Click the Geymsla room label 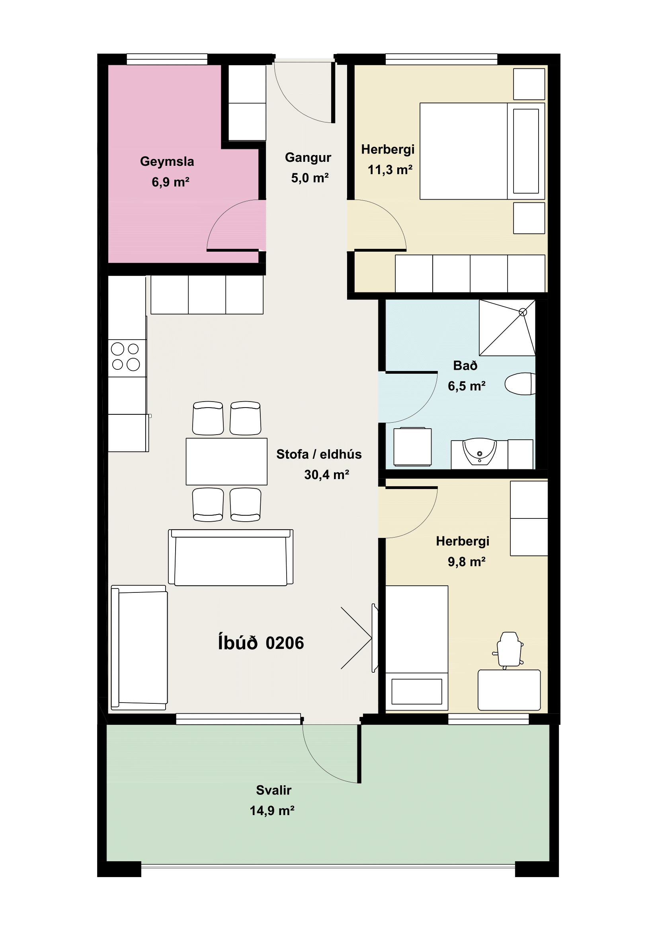pyautogui.click(x=167, y=162)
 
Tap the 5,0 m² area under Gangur pyautogui.click(x=310, y=178)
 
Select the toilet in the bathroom pyautogui.click(x=520, y=384)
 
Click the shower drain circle pyautogui.click(x=523, y=312)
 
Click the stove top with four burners pyautogui.click(x=127, y=358)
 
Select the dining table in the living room pyautogui.click(x=226, y=461)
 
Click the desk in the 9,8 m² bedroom pyautogui.click(x=509, y=690)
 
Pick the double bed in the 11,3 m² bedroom pyautogui.click(x=482, y=151)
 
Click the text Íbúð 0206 pyautogui.click(x=261, y=643)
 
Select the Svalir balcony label pyautogui.click(x=273, y=790)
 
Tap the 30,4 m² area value pyautogui.click(x=327, y=475)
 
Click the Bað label pyautogui.click(x=465, y=366)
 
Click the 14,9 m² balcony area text pyautogui.click(x=272, y=810)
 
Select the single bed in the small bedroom pyautogui.click(x=417, y=648)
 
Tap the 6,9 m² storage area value pyautogui.click(x=171, y=182)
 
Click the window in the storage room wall pyautogui.click(x=167, y=59)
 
